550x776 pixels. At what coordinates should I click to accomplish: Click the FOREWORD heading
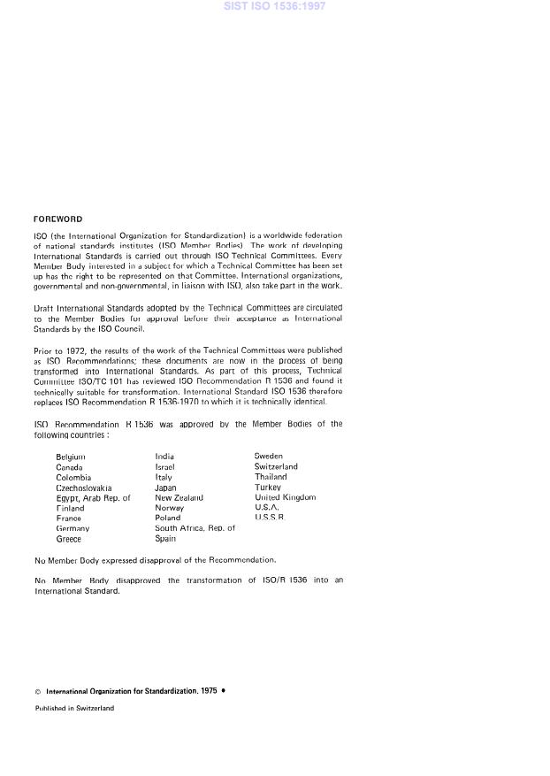(57, 219)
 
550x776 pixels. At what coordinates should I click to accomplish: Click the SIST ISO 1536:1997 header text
(275, 6)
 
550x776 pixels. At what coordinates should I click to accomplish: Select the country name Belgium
(71, 457)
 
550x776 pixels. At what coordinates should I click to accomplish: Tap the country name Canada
(69, 467)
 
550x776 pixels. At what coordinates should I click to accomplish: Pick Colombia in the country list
(73, 477)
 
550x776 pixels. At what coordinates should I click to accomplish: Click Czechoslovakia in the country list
(84, 488)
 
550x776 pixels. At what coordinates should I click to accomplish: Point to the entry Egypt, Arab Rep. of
(93, 498)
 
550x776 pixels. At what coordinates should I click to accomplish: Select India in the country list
(164, 457)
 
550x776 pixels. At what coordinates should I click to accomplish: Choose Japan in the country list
(165, 488)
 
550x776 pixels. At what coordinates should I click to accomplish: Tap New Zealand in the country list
(179, 498)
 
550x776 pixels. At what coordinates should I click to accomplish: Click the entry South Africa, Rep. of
(195, 528)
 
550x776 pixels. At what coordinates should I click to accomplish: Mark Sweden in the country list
(268, 457)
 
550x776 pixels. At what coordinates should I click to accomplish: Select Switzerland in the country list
(276, 467)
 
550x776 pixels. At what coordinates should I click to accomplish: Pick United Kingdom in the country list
(285, 498)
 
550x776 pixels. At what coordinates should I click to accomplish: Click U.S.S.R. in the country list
(270, 518)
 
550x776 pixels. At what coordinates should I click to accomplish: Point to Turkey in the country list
(268, 488)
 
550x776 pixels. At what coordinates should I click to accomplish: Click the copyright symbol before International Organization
(38, 690)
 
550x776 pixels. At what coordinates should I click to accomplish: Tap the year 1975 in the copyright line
(209, 690)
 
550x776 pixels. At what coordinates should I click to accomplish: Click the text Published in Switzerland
(74, 708)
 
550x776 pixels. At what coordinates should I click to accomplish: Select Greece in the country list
(68, 539)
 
